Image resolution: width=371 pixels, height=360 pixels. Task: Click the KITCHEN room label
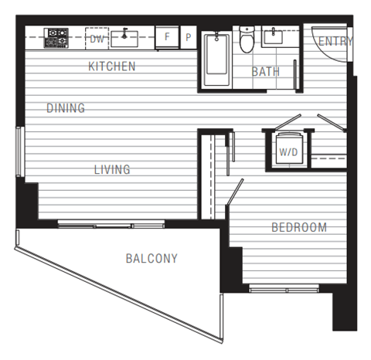(x=112, y=66)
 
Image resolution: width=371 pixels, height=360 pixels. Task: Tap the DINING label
(x=65, y=108)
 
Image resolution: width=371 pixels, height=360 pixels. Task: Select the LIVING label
(x=112, y=169)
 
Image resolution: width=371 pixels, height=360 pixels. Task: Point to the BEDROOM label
(x=298, y=227)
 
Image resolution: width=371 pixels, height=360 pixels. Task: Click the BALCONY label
(x=151, y=259)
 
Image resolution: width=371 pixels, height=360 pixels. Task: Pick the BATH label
(x=265, y=72)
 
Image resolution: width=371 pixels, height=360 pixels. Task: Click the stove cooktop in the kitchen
(x=56, y=36)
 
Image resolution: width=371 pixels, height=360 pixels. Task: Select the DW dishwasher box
(x=97, y=37)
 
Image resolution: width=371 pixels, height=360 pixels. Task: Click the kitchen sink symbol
(x=124, y=36)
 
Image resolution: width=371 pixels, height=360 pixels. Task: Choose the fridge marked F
(x=166, y=37)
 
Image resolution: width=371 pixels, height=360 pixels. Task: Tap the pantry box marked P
(x=189, y=37)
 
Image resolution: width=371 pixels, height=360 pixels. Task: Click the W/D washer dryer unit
(x=288, y=151)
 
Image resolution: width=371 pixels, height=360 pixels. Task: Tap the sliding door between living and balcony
(x=112, y=225)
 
